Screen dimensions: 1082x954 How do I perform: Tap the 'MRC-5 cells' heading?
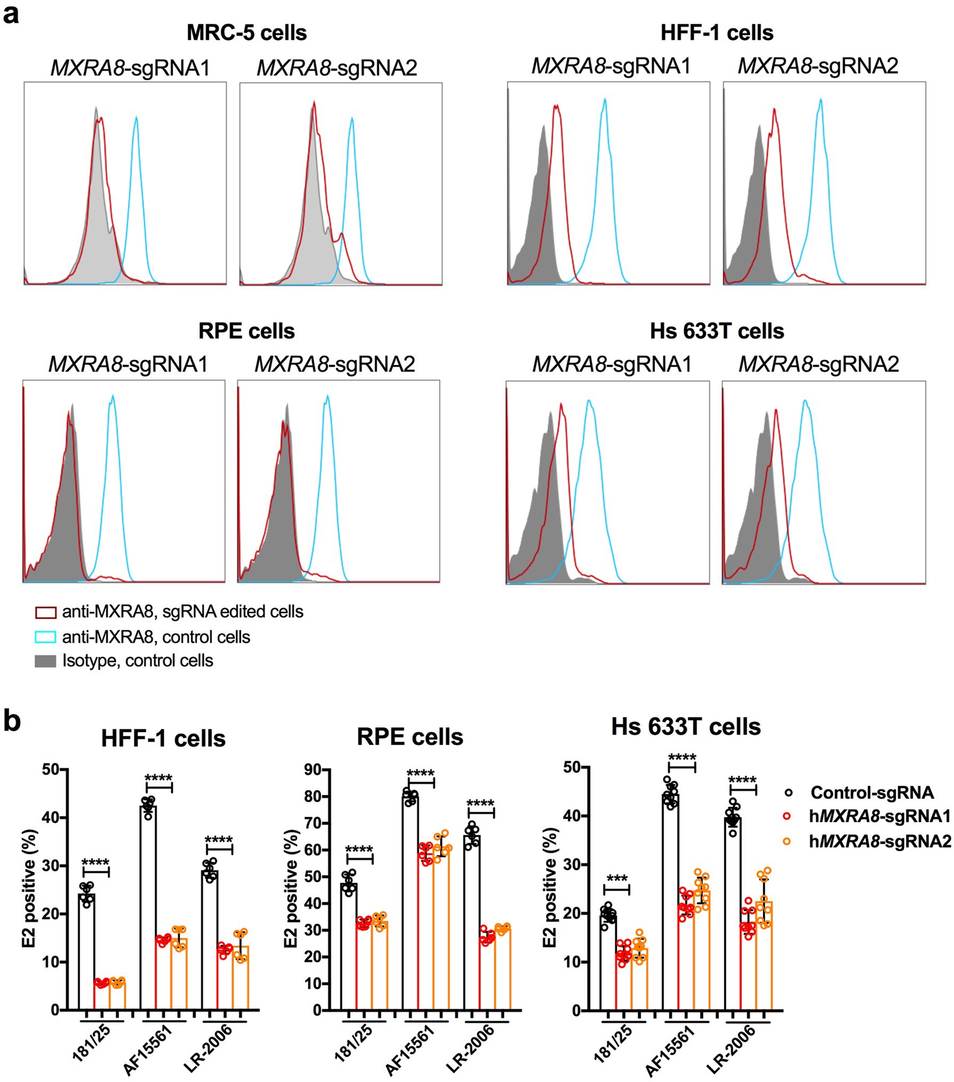coord(247,33)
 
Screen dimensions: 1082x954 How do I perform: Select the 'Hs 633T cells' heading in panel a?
coord(716,331)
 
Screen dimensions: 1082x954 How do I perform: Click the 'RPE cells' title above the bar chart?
coord(410,737)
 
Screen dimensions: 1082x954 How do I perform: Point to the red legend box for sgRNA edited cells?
coord(45,612)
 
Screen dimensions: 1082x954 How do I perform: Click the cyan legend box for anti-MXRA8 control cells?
coord(45,637)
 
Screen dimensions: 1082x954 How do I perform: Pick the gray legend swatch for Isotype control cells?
coord(45,661)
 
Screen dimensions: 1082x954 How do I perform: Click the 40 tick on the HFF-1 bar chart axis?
coord(51,817)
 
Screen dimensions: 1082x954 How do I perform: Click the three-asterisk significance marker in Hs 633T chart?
coord(617,879)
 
